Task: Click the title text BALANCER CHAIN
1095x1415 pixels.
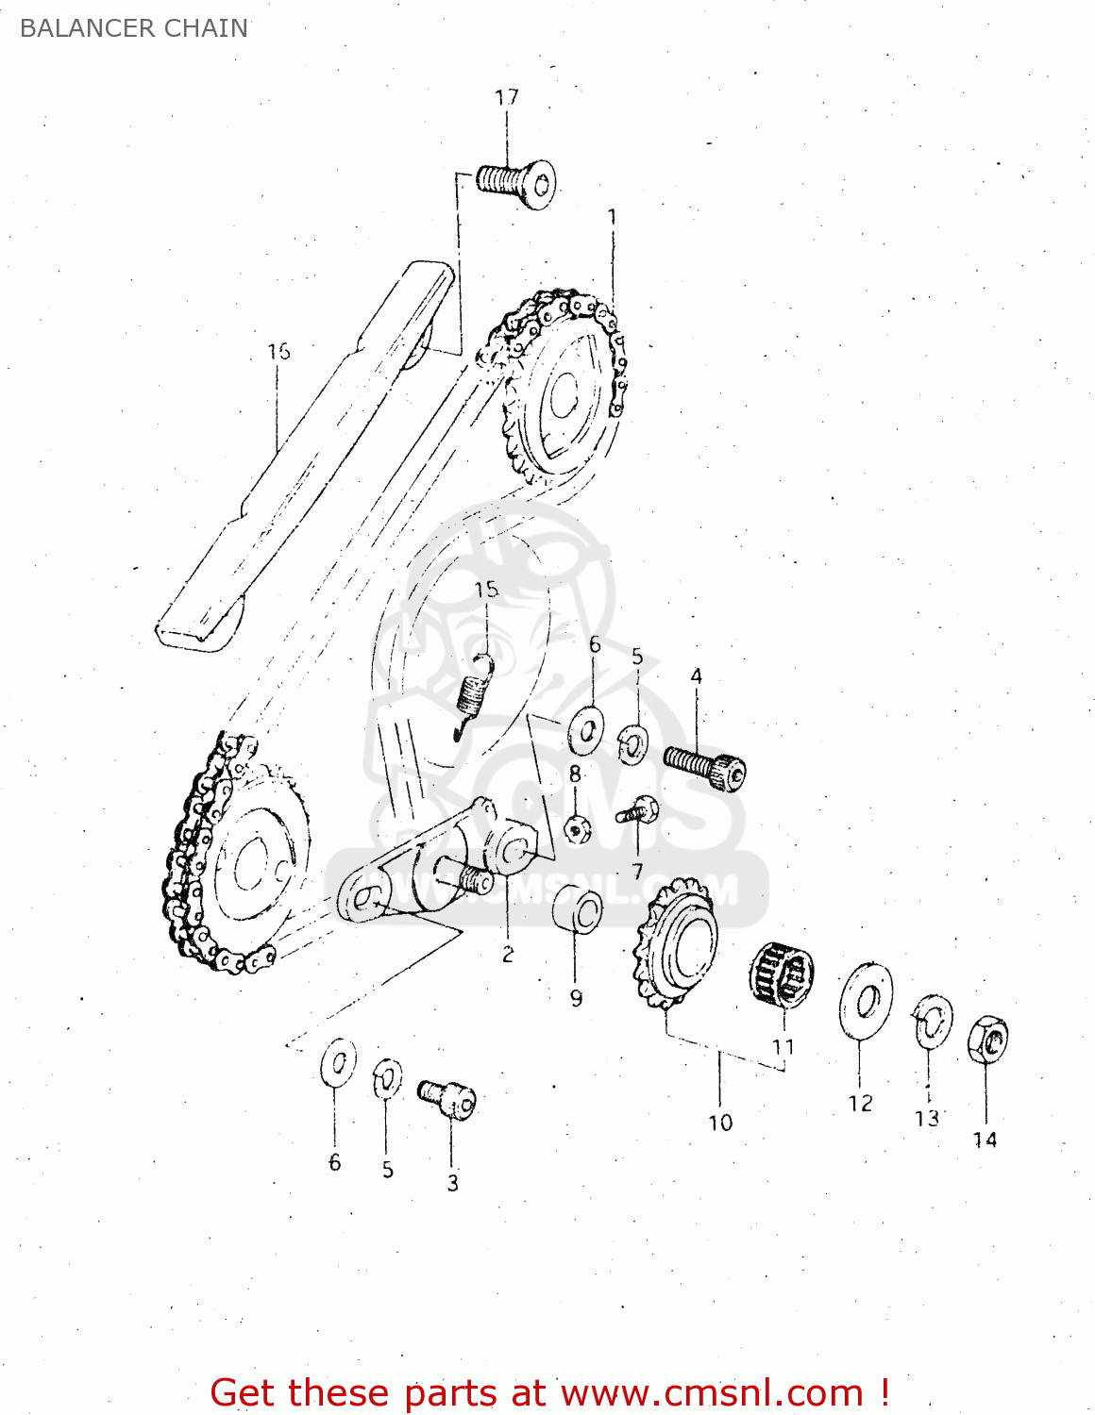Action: tap(133, 28)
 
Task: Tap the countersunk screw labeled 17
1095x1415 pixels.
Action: tap(515, 182)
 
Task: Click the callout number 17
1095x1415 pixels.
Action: tap(507, 97)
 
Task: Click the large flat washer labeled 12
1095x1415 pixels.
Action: tap(866, 1001)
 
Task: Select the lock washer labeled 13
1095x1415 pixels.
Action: tap(932, 1022)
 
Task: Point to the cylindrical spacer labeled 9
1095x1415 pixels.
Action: tap(578, 910)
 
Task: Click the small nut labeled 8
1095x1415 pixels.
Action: tap(577, 829)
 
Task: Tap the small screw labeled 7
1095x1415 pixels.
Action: tap(637, 811)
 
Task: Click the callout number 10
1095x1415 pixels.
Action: tap(720, 1123)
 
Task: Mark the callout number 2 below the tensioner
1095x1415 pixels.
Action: tap(508, 954)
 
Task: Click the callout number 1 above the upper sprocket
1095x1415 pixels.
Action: tap(612, 218)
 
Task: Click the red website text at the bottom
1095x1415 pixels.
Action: tap(549, 1392)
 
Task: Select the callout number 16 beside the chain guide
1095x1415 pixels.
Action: tap(278, 352)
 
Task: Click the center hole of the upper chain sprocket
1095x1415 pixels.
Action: tap(564, 395)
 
